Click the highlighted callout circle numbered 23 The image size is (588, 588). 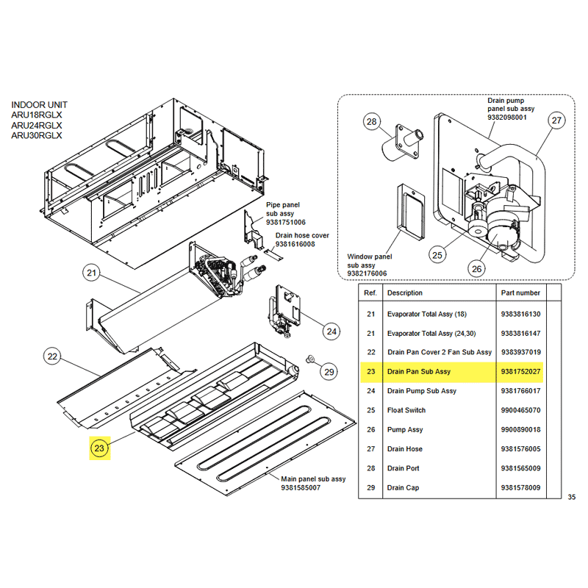tap(99, 448)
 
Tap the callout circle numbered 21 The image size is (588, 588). tap(91, 274)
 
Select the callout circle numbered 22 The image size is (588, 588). tap(52, 357)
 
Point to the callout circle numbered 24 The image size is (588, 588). tap(331, 331)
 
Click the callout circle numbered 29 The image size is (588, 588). tap(329, 372)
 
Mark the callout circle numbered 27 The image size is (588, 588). tap(556, 121)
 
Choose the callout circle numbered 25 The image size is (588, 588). tap(437, 255)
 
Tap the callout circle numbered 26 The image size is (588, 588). tap(477, 269)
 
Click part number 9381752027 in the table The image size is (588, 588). tap(520, 372)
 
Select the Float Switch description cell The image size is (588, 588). tap(406, 410)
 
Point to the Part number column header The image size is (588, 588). tap(520, 293)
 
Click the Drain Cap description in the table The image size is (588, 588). tap(403, 487)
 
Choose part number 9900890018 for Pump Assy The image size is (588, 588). tap(520, 430)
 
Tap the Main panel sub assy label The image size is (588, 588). tap(312, 484)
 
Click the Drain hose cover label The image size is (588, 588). tap(302, 240)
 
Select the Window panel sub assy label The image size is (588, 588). tap(370, 265)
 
